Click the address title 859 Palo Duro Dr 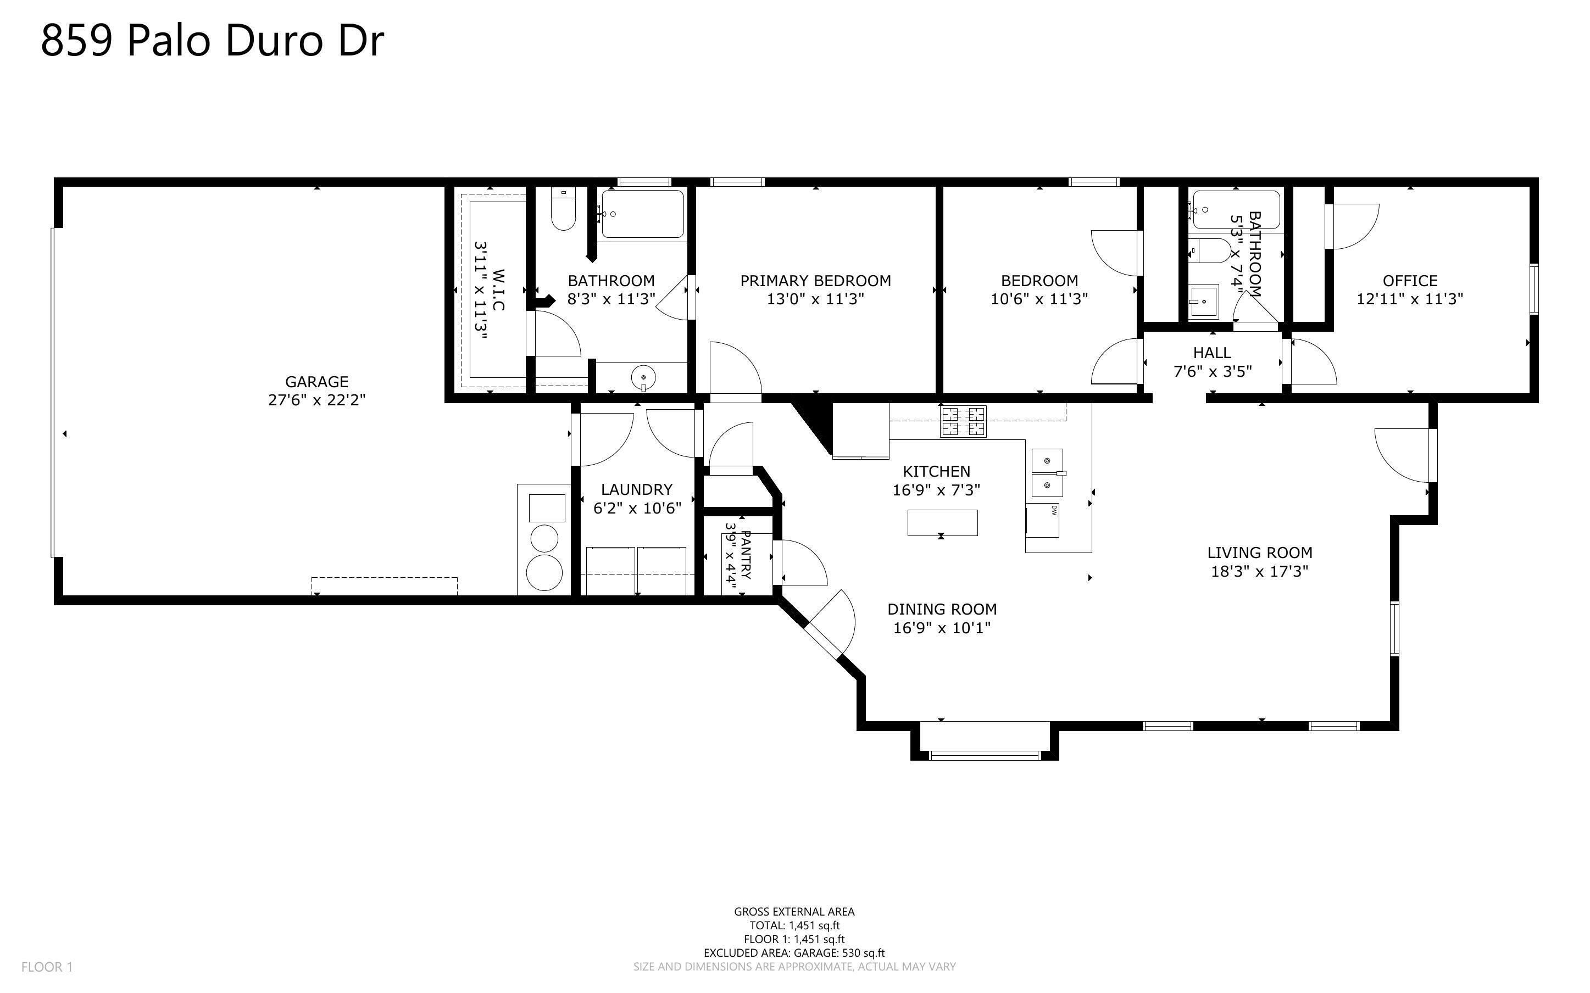pyautogui.click(x=212, y=41)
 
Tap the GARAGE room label pyautogui.click(x=316, y=382)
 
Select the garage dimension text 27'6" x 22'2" pyautogui.click(x=316, y=400)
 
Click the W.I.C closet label pyautogui.click(x=498, y=289)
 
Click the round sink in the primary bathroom pyautogui.click(x=643, y=378)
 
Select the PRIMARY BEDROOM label pyautogui.click(x=816, y=281)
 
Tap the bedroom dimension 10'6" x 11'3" pyautogui.click(x=1039, y=299)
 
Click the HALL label pyautogui.click(x=1211, y=353)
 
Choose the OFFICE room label pyautogui.click(x=1410, y=281)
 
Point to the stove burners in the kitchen pyautogui.click(x=964, y=422)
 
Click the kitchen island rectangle pyautogui.click(x=942, y=523)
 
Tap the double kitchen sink pyautogui.click(x=1047, y=473)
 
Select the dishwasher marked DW pyautogui.click(x=1043, y=520)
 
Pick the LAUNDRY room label pyautogui.click(x=636, y=490)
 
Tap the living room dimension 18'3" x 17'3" pyautogui.click(x=1259, y=571)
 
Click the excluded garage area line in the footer pyautogui.click(x=794, y=953)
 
